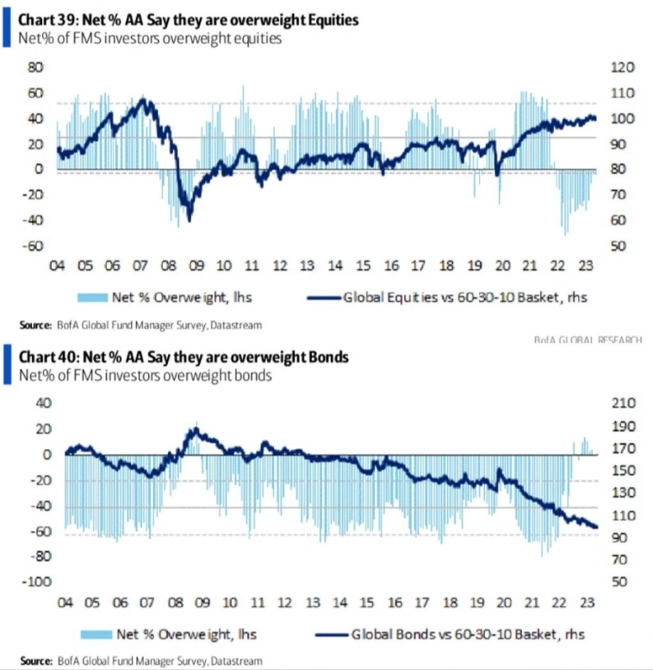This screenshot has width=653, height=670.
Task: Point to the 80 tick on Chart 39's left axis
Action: click(35, 67)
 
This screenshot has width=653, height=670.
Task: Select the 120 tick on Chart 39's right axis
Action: click(623, 67)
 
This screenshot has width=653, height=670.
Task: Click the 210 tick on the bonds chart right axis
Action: click(623, 403)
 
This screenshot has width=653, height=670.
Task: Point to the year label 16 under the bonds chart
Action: click(394, 603)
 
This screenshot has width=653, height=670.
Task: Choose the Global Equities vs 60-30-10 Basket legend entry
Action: click(465, 298)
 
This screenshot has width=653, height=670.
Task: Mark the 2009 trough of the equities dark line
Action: click(189, 219)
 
